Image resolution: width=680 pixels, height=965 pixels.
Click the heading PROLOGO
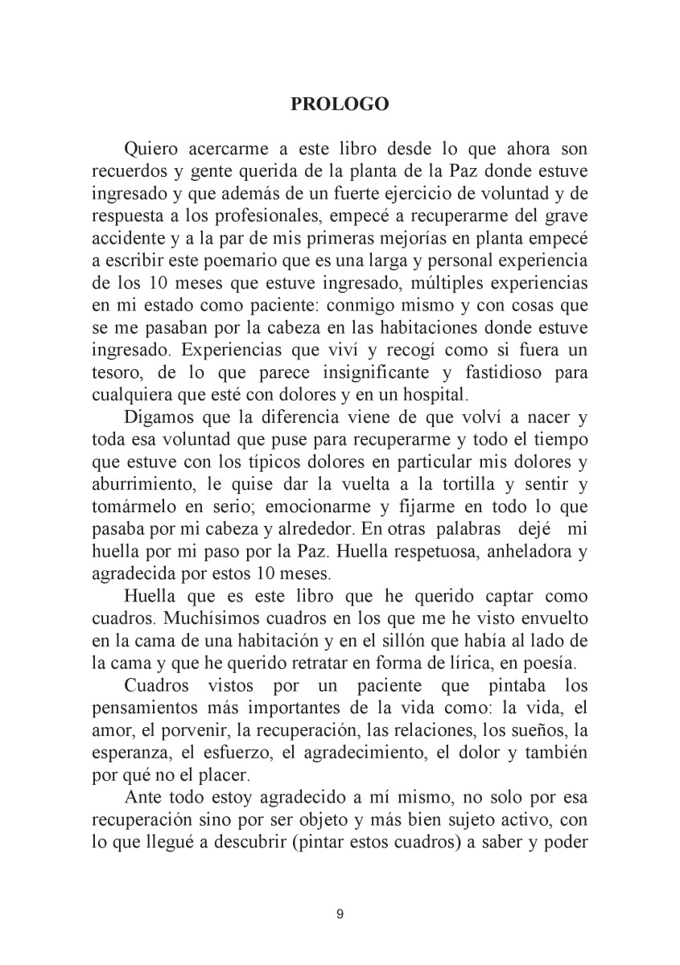(x=340, y=105)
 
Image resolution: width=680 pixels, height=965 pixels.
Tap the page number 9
(x=340, y=914)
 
